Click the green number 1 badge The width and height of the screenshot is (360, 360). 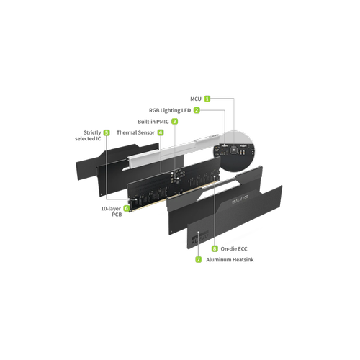pyautogui.click(x=207, y=99)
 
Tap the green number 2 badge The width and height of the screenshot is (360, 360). pyautogui.click(x=197, y=110)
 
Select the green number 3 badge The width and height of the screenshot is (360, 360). pyautogui.click(x=175, y=122)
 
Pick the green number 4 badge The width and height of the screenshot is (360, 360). pyautogui.click(x=161, y=132)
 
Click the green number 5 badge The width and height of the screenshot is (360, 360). pyautogui.click(x=107, y=132)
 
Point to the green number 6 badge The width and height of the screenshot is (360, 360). pyautogui.click(x=126, y=208)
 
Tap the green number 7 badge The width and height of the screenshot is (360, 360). pyautogui.click(x=199, y=259)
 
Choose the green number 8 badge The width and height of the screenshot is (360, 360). pyautogui.click(x=215, y=248)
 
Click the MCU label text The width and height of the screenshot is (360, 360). pyautogui.click(x=196, y=99)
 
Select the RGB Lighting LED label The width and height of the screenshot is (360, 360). pyautogui.click(x=170, y=110)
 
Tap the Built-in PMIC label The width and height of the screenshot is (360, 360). pyautogui.click(x=153, y=122)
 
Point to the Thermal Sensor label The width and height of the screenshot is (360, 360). pyautogui.click(x=135, y=132)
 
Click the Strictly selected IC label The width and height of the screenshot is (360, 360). pyautogui.click(x=88, y=135)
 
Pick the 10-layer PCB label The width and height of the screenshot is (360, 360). pyautogui.click(x=112, y=212)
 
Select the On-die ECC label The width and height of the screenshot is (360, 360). pyautogui.click(x=234, y=249)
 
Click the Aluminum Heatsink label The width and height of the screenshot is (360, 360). pyautogui.click(x=230, y=260)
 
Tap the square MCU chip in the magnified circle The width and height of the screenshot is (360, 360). pyautogui.click(x=233, y=150)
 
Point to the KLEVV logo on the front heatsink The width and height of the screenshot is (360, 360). pyautogui.click(x=199, y=238)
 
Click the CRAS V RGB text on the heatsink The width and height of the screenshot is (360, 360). pyautogui.click(x=240, y=199)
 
